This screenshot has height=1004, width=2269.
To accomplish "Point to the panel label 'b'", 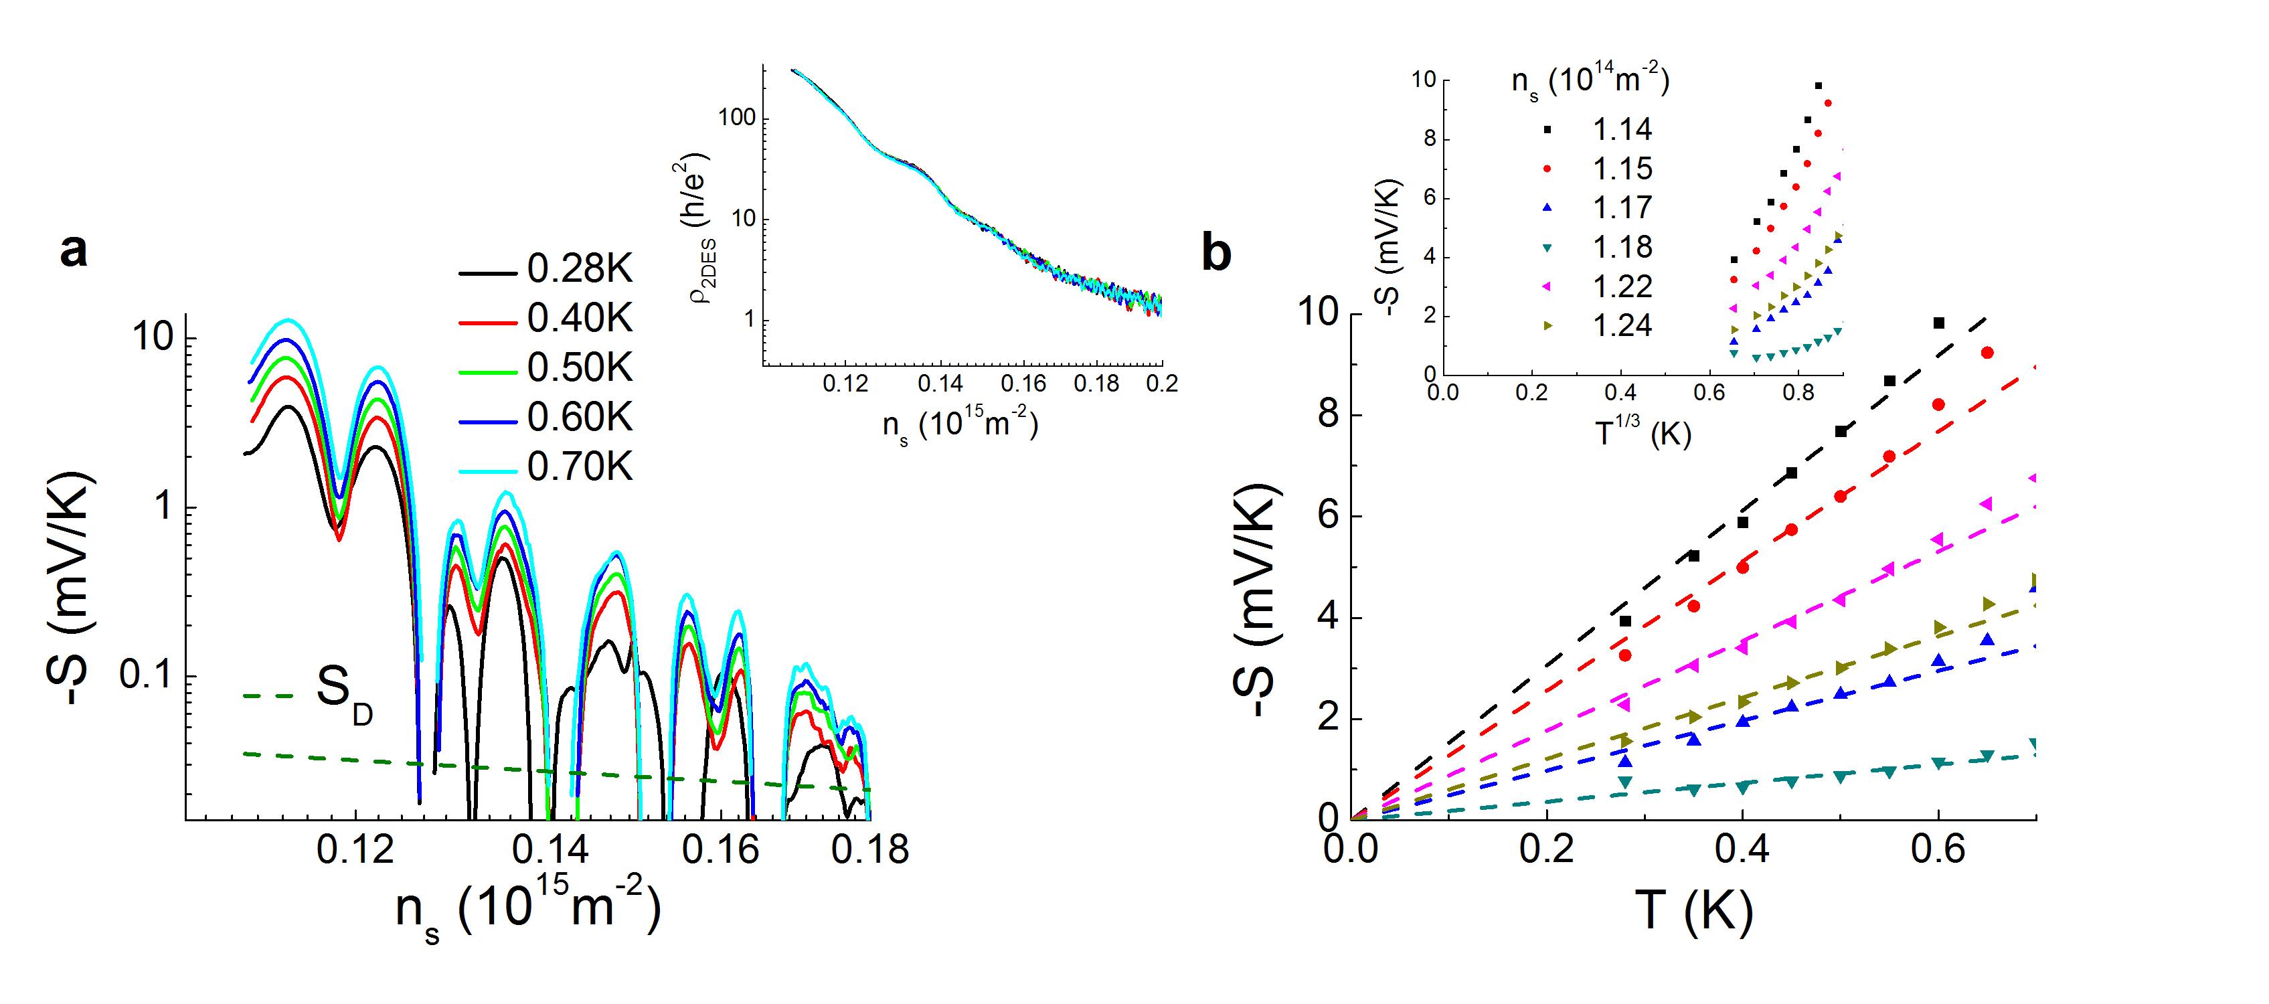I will click(1216, 254).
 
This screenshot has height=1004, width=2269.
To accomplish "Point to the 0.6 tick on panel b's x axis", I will click(1938, 850).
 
